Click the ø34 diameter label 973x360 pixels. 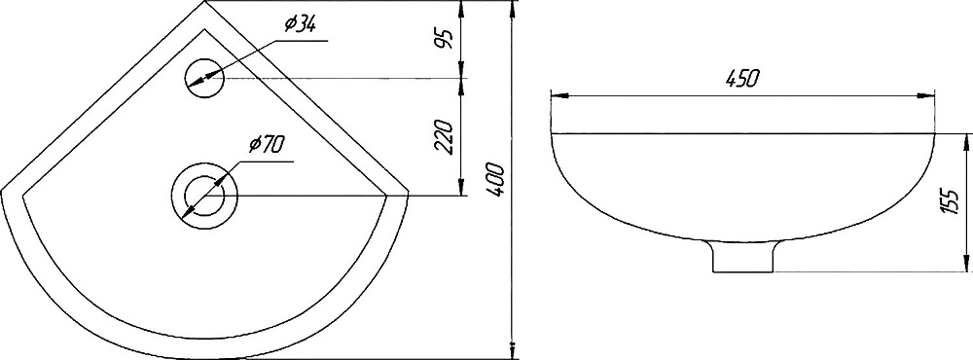[301, 25]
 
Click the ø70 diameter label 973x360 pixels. [267, 145]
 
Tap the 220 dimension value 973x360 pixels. [445, 137]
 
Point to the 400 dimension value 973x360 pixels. [494, 179]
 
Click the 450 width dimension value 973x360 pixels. [742, 79]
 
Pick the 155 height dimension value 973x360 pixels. [950, 202]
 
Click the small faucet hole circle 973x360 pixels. [204, 78]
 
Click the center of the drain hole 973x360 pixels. [204, 195]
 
